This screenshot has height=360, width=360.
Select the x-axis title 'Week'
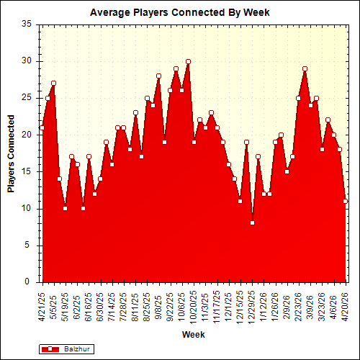tap(193, 335)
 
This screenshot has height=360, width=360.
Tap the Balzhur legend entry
tap(68, 348)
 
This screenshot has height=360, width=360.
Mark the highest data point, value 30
tap(189, 61)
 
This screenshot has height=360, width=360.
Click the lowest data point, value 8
tap(253, 223)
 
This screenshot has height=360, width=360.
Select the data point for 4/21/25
tap(42, 127)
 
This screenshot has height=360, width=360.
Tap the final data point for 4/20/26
tap(346, 202)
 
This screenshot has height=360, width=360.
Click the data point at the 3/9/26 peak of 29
tap(305, 68)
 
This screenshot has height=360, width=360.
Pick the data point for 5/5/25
tap(53, 83)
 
